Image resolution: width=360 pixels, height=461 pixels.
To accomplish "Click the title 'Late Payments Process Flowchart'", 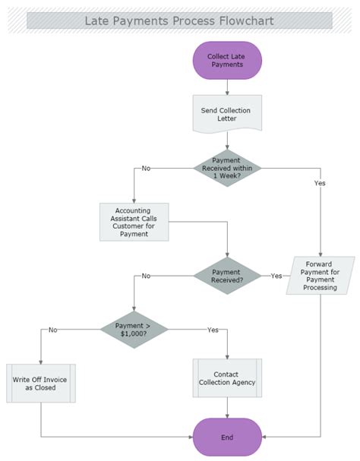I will pyautogui.click(x=179, y=20).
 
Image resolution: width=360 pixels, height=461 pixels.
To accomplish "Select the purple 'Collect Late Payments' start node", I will pyautogui.click(x=227, y=60).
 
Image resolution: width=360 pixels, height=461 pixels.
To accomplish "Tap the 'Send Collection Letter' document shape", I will pyautogui.click(x=226, y=115).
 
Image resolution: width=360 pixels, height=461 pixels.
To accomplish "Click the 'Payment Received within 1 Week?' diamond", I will pyautogui.click(x=226, y=168).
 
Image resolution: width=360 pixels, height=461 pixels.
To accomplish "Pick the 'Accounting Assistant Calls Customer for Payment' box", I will pyautogui.click(x=134, y=222).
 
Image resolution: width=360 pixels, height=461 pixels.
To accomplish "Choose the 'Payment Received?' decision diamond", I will pyautogui.click(x=227, y=275).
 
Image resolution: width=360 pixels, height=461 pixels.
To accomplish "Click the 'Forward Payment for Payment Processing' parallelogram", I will pyautogui.click(x=320, y=276).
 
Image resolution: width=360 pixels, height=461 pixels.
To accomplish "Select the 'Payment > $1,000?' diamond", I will pyautogui.click(x=134, y=329).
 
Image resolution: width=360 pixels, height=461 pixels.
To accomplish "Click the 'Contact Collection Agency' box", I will pyautogui.click(x=227, y=378).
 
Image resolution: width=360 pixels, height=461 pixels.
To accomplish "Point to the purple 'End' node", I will pyautogui.click(x=227, y=437).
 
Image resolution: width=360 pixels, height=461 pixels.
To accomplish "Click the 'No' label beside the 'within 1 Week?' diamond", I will pyautogui.click(x=146, y=169).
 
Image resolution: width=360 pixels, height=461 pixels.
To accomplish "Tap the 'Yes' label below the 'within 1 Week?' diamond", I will pyautogui.click(x=319, y=183).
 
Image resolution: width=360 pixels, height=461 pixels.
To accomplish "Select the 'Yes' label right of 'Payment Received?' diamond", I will pyautogui.click(x=276, y=276).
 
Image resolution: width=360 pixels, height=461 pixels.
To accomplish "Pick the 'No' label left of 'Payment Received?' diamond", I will pyautogui.click(x=146, y=276).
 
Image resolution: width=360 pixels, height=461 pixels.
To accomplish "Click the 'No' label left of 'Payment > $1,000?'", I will pyautogui.click(x=52, y=330).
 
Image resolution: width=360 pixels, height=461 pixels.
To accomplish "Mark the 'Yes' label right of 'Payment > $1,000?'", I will pyautogui.click(x=213, y=330).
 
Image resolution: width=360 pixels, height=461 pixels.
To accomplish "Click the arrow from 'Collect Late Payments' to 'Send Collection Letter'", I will pyautogui.click(x=227, y=87).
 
